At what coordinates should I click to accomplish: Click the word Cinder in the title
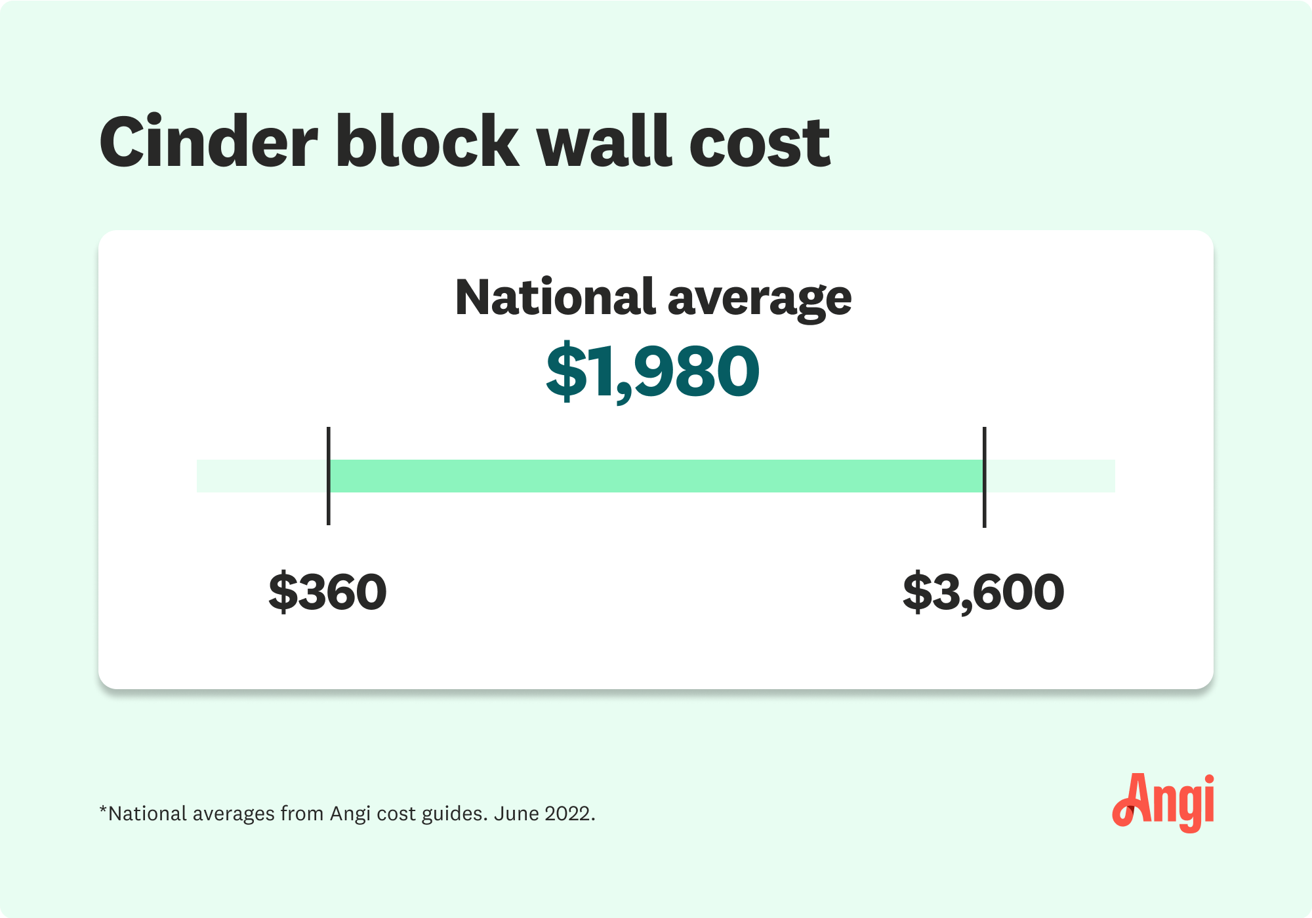point(209,143)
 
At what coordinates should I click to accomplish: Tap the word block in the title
point(427,143)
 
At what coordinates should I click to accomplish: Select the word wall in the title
point(604,143)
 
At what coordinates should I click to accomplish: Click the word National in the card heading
point(555,298)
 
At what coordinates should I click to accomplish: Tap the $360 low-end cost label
point(327,592)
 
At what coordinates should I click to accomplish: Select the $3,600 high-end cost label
point(983,592)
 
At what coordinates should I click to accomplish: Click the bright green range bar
point(656,476)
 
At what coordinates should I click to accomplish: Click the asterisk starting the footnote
point(103,810)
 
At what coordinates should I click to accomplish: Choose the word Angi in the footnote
point(350,814)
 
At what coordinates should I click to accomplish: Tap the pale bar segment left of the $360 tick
point(261,476)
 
